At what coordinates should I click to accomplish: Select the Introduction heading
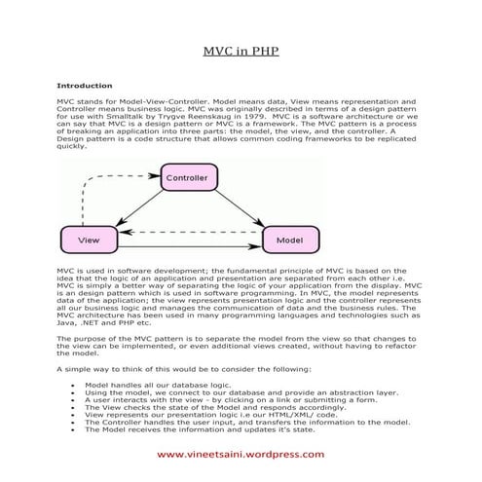(84, 86)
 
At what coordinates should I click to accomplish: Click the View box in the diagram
(88, 239)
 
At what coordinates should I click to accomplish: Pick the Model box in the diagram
(289, 239)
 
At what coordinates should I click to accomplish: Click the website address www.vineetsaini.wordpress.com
(241, 455)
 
